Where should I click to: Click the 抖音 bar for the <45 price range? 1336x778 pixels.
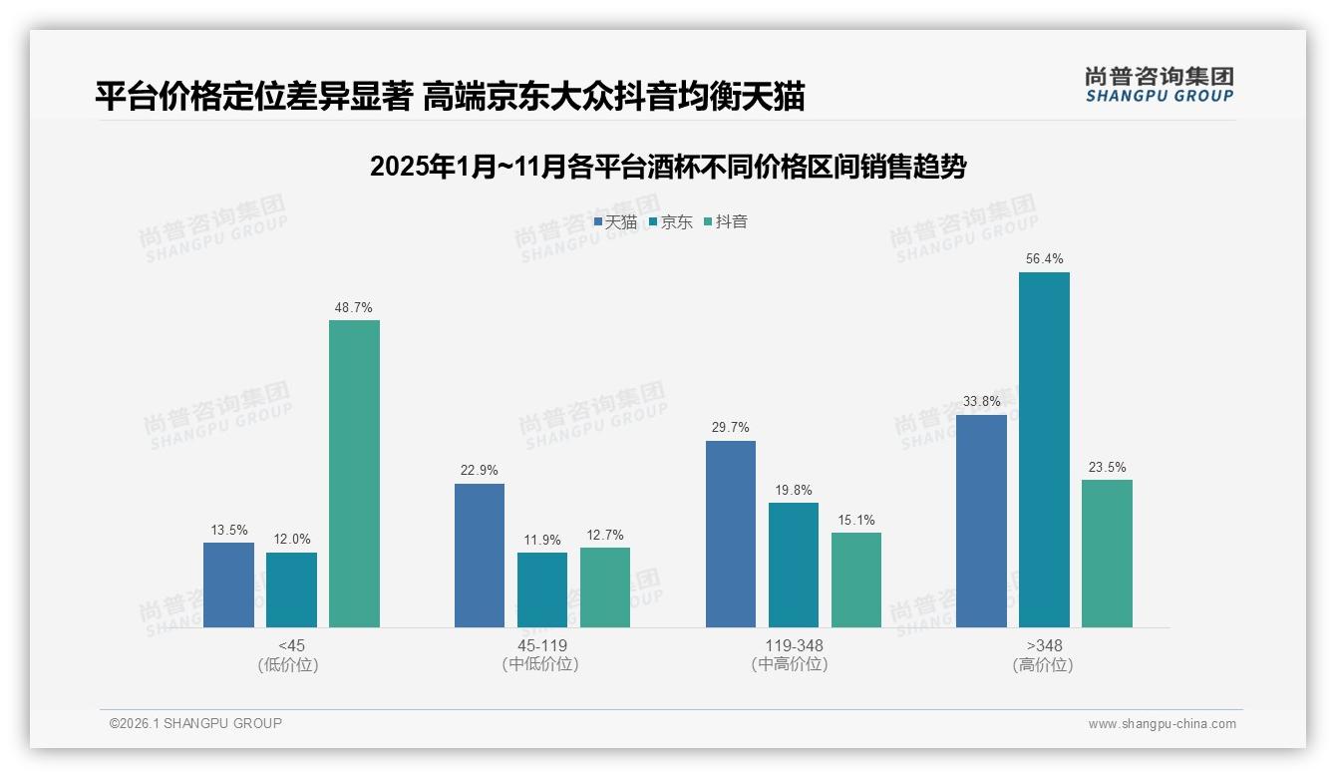pyautogui.click(x=354, y=474)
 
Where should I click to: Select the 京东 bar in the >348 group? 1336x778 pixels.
pyautogui.click(x=1044, y=450)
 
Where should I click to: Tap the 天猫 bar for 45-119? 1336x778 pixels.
pyautogui.click(x=480, y=556)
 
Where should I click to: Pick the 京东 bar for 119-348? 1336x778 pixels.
pyautogui.click(x=793, y=565)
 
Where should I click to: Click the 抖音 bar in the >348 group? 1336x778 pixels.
pyautogui.click(x=1107, y=554)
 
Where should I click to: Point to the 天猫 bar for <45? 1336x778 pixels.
pyautogui.click(x=228, y=584)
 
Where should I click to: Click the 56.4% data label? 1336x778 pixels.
pyautogui.click(x=1044, y=259)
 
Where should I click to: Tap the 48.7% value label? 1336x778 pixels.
pyautogui.click(x=354, y=307)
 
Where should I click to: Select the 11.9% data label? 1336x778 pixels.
pyautogui.click(x=542, y=541)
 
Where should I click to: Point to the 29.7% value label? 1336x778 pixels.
pyautogui.click(x=731, y=428)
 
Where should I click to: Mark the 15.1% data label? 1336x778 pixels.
pyautogui.click(x=856, y=520)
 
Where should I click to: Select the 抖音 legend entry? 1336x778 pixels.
pyautogui.click(x=726, y=222)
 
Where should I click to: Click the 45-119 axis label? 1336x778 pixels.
pyautogui.click(x=542, y=645)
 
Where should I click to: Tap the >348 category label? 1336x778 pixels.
pyautogui.click(x=1044, y=645)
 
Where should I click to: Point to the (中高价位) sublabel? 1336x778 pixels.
pyautogui.click(x=793, y=664)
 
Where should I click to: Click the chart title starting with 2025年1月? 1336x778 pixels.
pyautogui.click(x=668, y=167)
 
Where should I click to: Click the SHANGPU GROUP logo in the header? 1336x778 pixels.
pyautogui.click(x=1159, y=85)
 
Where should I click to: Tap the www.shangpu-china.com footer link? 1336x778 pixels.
pyautogui.click(x=1162, y=724)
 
